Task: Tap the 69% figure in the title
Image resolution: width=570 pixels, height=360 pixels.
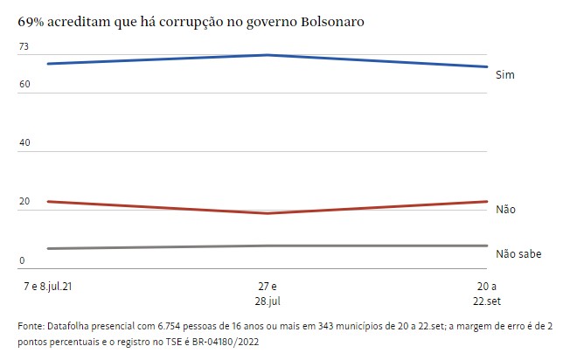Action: [x=32, y=19]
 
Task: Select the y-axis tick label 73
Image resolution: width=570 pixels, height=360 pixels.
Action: [x=24, y=45]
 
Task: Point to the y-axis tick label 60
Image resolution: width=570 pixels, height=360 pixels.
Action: [x=24, y=84]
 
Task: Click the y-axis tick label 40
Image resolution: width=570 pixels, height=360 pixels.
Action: [x=24, y=143]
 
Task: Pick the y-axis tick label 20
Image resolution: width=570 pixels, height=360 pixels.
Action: [x=24, y=202]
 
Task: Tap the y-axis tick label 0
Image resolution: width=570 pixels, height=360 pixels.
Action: [x=22, y=261]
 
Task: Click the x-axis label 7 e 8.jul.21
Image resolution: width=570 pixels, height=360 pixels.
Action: [x=47, y=286]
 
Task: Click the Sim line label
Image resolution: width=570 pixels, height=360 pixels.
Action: [x=504, y=75]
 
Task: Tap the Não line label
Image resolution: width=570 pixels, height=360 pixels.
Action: [x=505, y=210]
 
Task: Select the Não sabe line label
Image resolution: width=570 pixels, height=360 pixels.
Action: [x=518, y=254]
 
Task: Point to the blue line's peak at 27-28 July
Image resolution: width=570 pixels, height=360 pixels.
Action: [x=268, y=55]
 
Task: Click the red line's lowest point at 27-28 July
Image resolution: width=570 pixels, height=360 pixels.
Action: [x=268, y=213]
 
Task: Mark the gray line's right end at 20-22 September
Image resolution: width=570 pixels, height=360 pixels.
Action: [x=487, y=246]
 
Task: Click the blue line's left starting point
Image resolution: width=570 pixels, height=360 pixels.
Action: [x=48, y=64]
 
